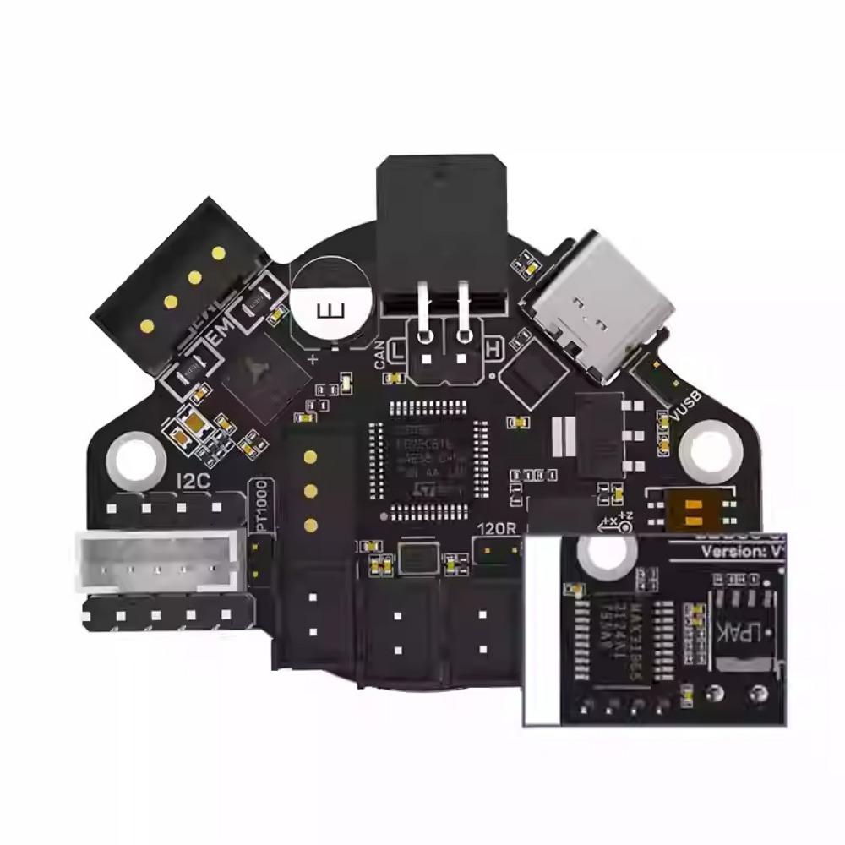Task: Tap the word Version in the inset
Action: click(730, 552)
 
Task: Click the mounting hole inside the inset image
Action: click(605, 554)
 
